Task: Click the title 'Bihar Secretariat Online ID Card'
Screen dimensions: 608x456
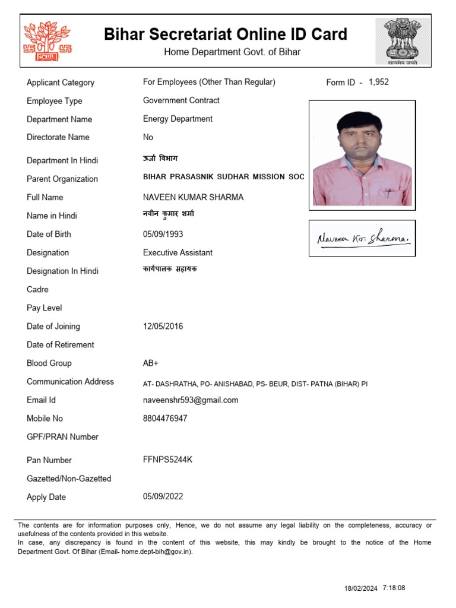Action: click(x=226, y=34)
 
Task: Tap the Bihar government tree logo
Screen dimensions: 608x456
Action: click(x=47, y=41)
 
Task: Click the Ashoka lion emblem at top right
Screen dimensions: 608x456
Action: click(x=400, y=40)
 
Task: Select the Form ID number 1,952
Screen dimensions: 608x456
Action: click(x=379, y=82)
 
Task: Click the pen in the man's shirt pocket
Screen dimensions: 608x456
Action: click(x=389, y=194)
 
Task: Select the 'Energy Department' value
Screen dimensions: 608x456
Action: click(x=178, y=119)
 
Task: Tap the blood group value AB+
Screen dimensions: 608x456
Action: click(x=151, y=363)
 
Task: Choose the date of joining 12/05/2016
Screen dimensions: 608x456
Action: click(x=163, y=326)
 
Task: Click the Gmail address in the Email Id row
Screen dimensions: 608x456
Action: click(x=191, y=400)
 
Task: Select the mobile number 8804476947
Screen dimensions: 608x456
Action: click(x=165, y=419)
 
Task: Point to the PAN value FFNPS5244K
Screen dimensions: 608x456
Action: click(x=167, y=460)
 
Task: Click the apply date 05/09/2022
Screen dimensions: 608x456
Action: click(x=163, y=496)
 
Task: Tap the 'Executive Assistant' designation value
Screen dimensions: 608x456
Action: click(x=178, y=252)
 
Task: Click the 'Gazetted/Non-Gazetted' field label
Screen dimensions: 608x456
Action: click(x=69, y=479)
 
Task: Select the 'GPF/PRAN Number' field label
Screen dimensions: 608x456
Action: click(x=62, y=437)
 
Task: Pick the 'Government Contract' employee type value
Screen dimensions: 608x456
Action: click(x=181, y=100)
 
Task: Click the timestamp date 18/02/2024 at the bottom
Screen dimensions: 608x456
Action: click(x=360, y=588)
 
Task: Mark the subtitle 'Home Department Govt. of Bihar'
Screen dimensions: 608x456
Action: click(x=232, y=52)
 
